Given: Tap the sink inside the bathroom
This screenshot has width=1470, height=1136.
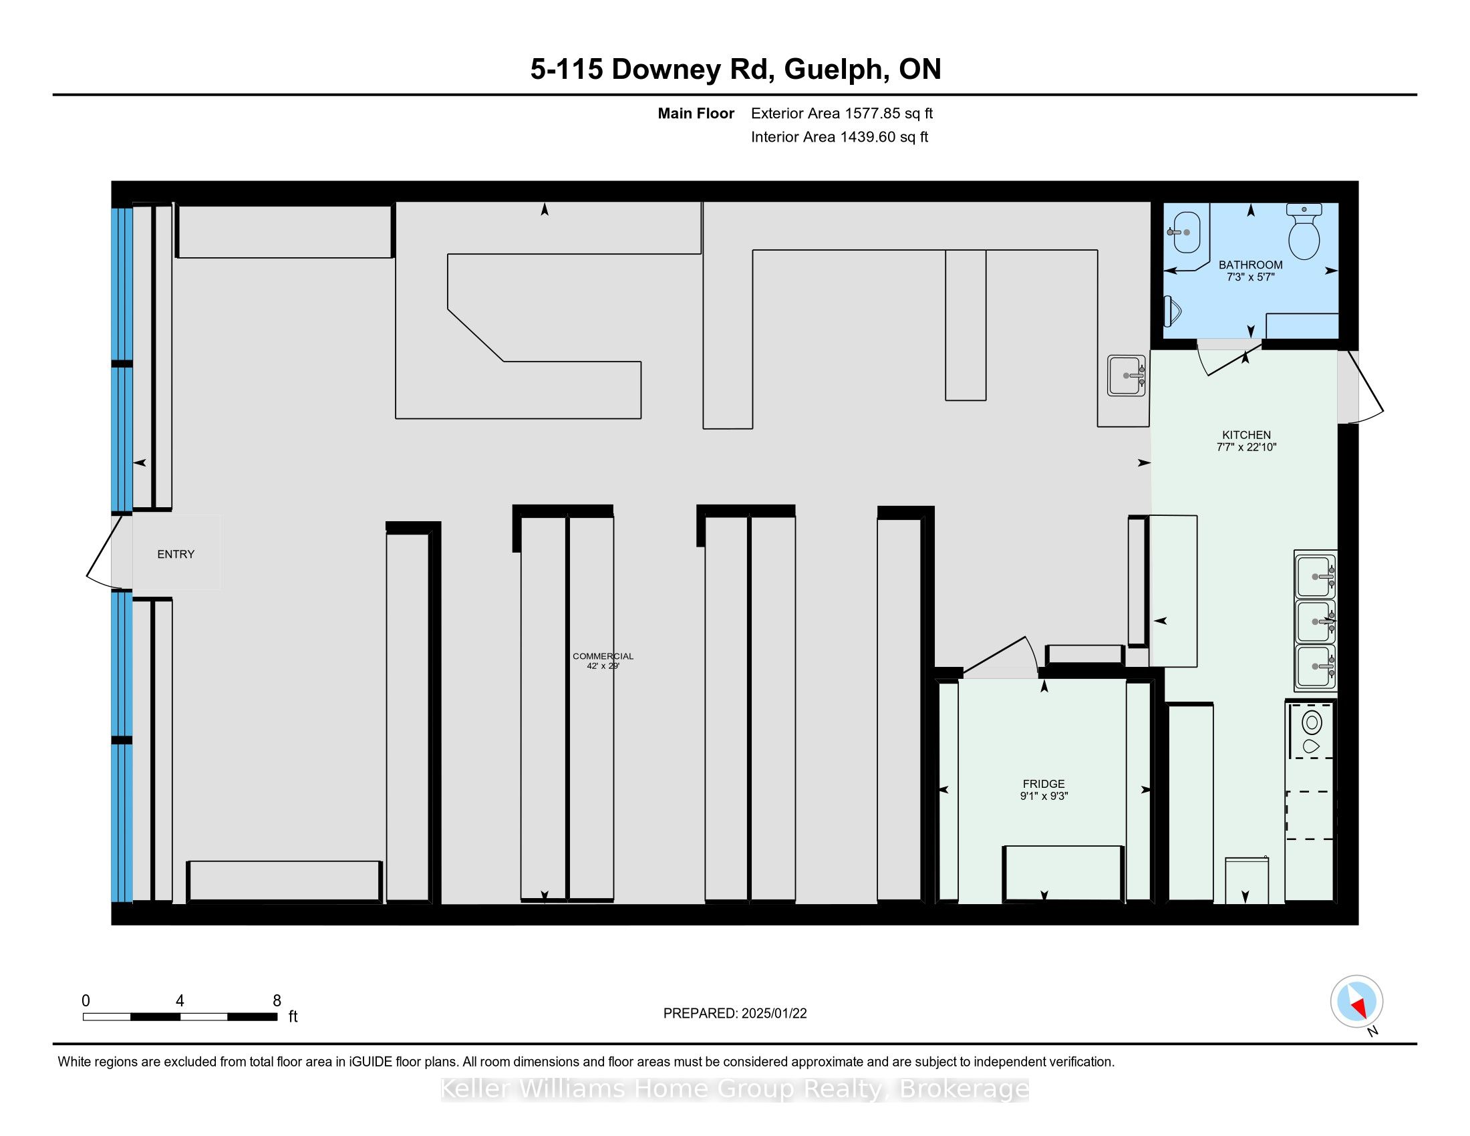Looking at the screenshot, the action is pyautogui.click(x=1186, y=232).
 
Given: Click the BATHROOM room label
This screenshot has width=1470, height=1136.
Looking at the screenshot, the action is pyautogui.click(x=1251, y=265).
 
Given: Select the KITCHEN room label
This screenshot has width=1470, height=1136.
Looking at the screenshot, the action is pyautogui.click(x=1247, y=435).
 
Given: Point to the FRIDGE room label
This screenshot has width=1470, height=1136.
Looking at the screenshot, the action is pyautogui.click(x=1044, y=784).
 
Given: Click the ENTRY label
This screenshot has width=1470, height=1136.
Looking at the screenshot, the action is pyautogui.click(x=176, y=554).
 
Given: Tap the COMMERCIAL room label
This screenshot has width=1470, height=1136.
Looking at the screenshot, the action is pyautogui.click(x=603, y=656).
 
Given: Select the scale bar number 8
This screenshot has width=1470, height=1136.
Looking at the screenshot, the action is pyautogui.click(x=277, y=1001).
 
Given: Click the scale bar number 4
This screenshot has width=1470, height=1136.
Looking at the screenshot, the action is pyautogui.click(x=180, y=1001).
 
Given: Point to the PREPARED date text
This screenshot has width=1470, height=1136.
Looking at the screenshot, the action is pyautogui.click(x=735, y=1014).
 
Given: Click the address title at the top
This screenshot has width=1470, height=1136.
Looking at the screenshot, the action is pyautogui.click(x=735, y=69).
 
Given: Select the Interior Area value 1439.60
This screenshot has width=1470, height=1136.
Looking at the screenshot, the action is pyautogui.click(x=867, y=136).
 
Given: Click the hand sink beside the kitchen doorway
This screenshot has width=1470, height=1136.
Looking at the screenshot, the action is pyautogui.click(x=1127, y=376).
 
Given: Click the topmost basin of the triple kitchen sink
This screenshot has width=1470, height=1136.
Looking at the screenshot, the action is pyautogui.click(x=1314, y=576).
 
